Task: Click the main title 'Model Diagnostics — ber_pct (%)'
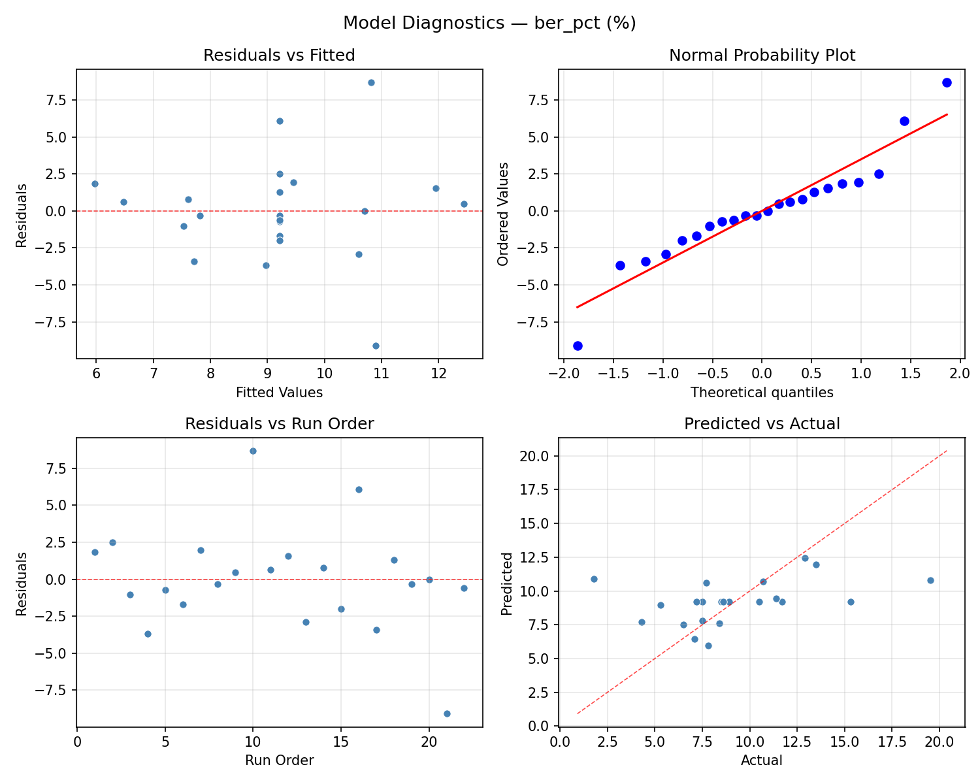tap(489, 23)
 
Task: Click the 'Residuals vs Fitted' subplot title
tap(279, 56)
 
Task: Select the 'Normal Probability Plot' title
tap(762, 56)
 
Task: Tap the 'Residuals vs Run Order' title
tap(279, 424)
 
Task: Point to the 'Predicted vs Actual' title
tap(762, 424)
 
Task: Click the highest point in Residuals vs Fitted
tap(371, 82)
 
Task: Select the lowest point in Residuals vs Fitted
tap(376, 346)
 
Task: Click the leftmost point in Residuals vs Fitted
tap(95, 184)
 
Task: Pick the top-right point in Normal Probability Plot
tap(947, 82)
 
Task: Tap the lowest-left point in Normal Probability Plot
tap(578, 346)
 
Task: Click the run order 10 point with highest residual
tap(253, 451)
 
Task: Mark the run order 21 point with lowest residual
tap(447, 713)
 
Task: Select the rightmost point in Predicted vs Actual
tap(930, 580)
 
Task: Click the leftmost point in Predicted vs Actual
tap(594, 579)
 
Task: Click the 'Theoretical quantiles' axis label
tap(762, 393)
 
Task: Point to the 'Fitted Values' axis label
tap(279, 393)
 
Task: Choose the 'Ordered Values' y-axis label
tap(502, 214)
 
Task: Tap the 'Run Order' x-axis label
tap(279, 760)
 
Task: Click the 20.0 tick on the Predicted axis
tap(539, 456)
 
